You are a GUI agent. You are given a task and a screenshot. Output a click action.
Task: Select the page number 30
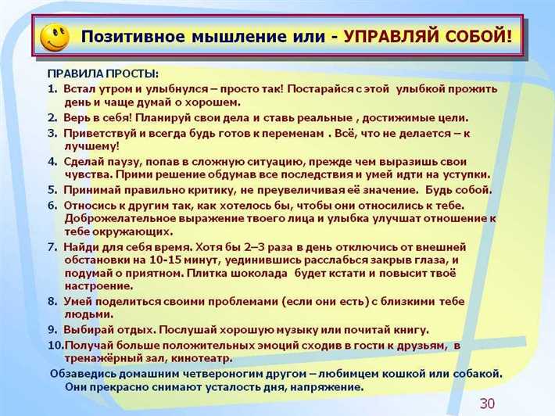coord(487,403)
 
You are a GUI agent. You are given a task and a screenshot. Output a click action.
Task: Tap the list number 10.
coord(55,345)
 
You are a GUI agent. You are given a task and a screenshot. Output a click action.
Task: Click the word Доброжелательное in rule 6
coord(124,218)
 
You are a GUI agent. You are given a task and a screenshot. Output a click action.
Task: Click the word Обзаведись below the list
coord(87,373)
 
